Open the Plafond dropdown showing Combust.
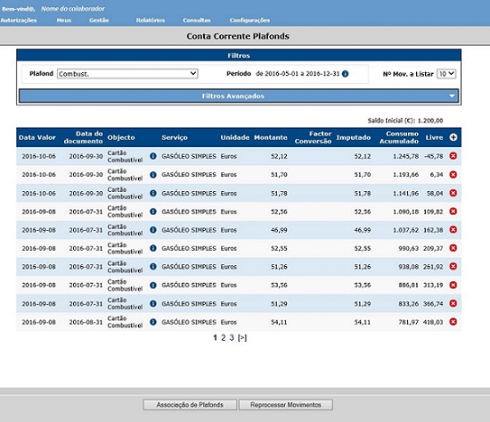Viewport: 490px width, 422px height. pyautogui.click(x=127, y=74)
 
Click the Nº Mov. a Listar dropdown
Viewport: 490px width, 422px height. pyautogui.click(x=446, y=74)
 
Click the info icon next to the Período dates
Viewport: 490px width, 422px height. pyautogui.click(x=345, y=74)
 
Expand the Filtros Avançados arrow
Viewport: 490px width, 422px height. pyautogui.click(x=452, y=96)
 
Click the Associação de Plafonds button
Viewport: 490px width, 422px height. pyautogui.click(x=190, y=405)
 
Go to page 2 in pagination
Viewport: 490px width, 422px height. pyautogui.click(x=223, y=337)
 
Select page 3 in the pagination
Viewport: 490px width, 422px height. pyautogui.click(x=232, y=337)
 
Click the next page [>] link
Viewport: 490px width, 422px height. pyautogui.click(x=242, y=337)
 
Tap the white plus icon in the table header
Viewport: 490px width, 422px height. pyautogui.click(x=453, y=137)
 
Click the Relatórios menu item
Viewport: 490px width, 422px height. pyautogui.click(x=151, y=21)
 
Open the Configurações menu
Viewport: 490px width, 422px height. pyautogui.click(x=250, y=21)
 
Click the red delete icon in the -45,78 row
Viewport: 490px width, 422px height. pyautogui.click(x=453, y=156)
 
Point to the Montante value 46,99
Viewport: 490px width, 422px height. pyautogui.click(x=279, y=230)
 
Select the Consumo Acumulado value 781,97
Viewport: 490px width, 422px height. pyautogui.click(x=409, y=322)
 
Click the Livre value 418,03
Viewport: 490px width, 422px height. pyautogui.click(x=433, y=322)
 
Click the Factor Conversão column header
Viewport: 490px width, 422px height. pyautogui.click(x=313, y=137)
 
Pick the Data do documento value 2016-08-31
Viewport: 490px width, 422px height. pyautogui.click(x=86, y=322)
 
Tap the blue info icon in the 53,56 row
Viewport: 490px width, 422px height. pyautogui.click(x=153, y=285)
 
